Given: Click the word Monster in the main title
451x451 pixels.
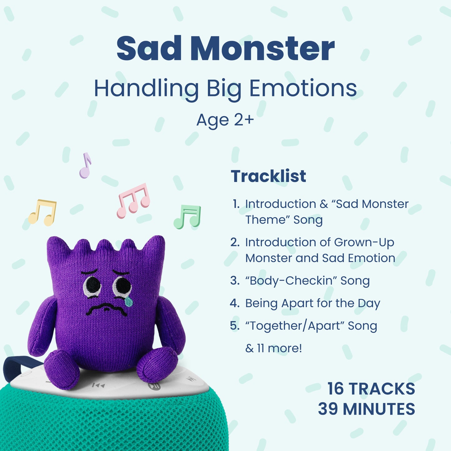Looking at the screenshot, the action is coord(262,48).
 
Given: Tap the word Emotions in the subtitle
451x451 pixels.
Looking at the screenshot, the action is coord(303,88).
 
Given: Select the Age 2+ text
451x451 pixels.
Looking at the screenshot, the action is coord(225,120).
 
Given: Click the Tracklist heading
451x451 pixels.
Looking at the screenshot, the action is coord(268,176).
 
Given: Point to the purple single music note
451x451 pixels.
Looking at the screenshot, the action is coord(85,165).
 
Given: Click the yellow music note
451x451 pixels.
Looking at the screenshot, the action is coord(42,213).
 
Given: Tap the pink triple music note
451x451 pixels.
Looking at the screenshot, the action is coord(133,201).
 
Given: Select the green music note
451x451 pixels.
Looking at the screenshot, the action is coord(187,217).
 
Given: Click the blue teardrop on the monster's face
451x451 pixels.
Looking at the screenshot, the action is coord(129,301).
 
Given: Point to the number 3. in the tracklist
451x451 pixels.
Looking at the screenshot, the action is coord(235,281).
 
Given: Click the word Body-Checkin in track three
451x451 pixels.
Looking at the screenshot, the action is coord(291,281).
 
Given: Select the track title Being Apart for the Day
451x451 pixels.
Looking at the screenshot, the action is coord(313,303).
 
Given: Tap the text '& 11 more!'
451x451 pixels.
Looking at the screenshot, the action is coord(274,348).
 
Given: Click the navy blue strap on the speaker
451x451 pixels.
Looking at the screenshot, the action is coord(19,368).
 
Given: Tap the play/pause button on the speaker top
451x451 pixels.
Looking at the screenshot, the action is coord(154,386).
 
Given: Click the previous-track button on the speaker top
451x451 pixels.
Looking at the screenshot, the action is coord(99,385).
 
